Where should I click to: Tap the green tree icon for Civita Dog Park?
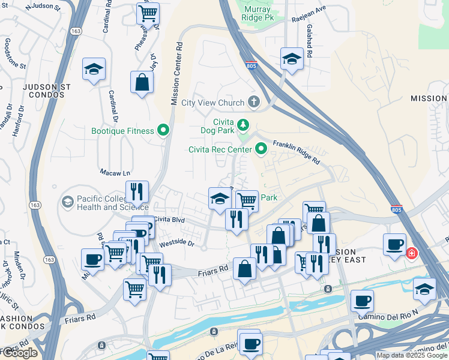click(243, 125)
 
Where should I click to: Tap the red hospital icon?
click(412, 253)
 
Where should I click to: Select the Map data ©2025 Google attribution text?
click(411, 355)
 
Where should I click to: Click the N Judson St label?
click(44, 7)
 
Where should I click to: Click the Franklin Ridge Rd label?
click(296, 153)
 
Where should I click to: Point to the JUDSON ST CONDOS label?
click(47, 91)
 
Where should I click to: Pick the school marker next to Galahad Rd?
click(292, 59)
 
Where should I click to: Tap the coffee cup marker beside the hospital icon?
click(395, 244)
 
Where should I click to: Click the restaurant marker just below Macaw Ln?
click(137, 191)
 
